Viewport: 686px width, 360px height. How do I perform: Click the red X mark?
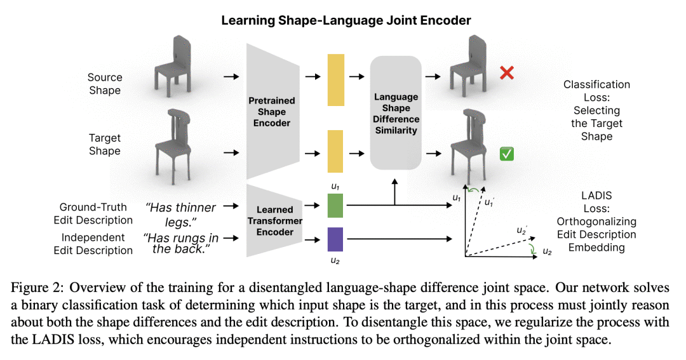[506, 73]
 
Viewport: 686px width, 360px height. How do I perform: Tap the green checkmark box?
[506, 153]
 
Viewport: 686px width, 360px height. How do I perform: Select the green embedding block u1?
[335, 206]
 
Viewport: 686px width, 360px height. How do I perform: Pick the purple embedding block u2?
[335, 239]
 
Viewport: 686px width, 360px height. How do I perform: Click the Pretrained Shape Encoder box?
[271, 112]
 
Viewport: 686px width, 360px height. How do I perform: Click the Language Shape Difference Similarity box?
[396, 113]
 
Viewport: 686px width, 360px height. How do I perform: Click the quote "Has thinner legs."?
[180, 214]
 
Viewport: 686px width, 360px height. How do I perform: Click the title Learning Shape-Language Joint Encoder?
[346, 20]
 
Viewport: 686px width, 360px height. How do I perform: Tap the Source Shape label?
[105, 84]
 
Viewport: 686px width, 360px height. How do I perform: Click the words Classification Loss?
[596, 91]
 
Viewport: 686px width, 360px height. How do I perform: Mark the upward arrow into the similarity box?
[395, 190]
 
